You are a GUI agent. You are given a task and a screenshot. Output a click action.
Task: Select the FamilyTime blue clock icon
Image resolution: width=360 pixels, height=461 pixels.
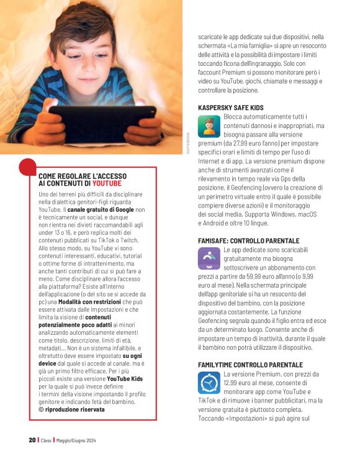[x=207, y=382]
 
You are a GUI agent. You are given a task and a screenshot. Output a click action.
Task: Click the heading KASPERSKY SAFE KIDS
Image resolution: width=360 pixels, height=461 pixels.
[x=231, y=107]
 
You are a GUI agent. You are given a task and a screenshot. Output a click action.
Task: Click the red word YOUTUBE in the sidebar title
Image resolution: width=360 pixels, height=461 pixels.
[x=107, y=183]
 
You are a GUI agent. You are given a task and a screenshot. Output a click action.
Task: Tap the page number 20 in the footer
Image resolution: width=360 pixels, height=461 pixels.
[x=32, y=440]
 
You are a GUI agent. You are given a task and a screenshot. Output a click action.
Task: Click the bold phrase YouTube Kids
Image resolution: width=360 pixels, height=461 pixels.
[x=125, y=378]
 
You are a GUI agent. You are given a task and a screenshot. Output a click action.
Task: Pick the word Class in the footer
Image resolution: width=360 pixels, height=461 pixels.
[x=46, y=440]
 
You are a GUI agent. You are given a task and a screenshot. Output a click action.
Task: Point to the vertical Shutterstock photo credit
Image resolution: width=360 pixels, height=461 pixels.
[x=189, y=142]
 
